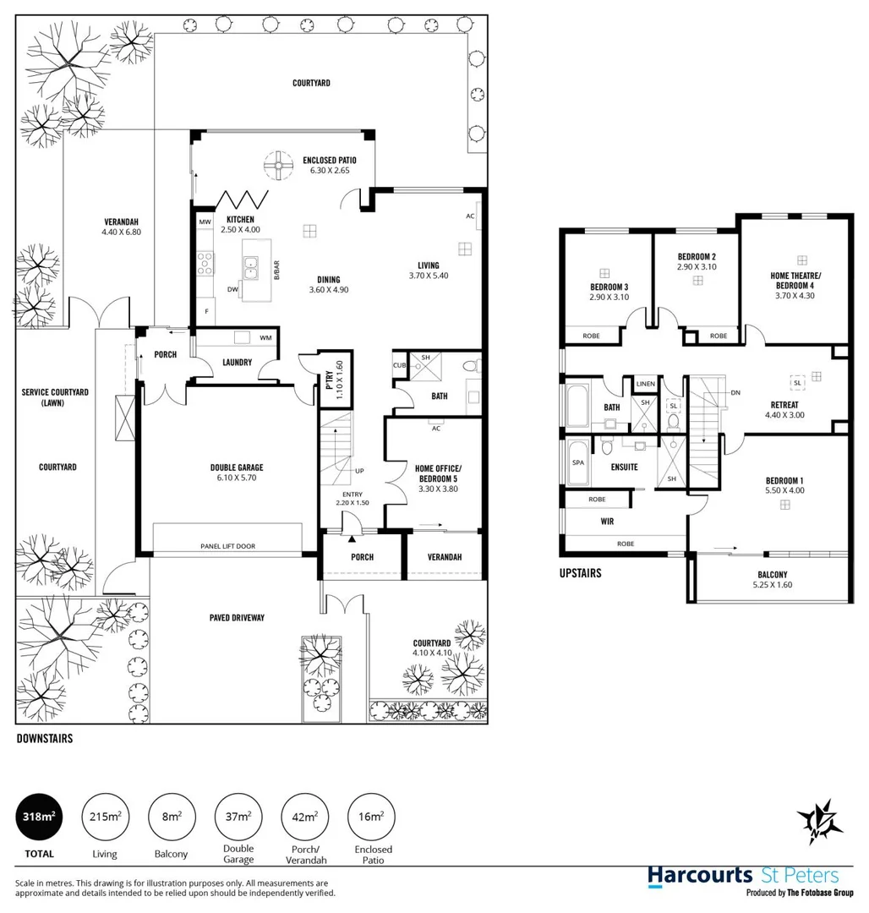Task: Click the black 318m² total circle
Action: pos(39,817)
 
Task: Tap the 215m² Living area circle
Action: pos(105,817)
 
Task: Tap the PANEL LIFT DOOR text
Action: pos(227,546)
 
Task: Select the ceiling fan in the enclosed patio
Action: pos(276,166)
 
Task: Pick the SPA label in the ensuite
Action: pos(578,464)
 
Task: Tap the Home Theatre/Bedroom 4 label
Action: pos(795,282)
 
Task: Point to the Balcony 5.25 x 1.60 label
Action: pos(773,579)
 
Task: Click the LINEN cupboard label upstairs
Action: pos(645,384)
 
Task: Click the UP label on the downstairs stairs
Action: pos(359,471)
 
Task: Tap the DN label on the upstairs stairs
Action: pos(735,392)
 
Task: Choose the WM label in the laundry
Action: pos(265,338)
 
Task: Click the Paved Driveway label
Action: pos(238,618)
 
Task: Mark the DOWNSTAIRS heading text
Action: pos(45,738)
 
